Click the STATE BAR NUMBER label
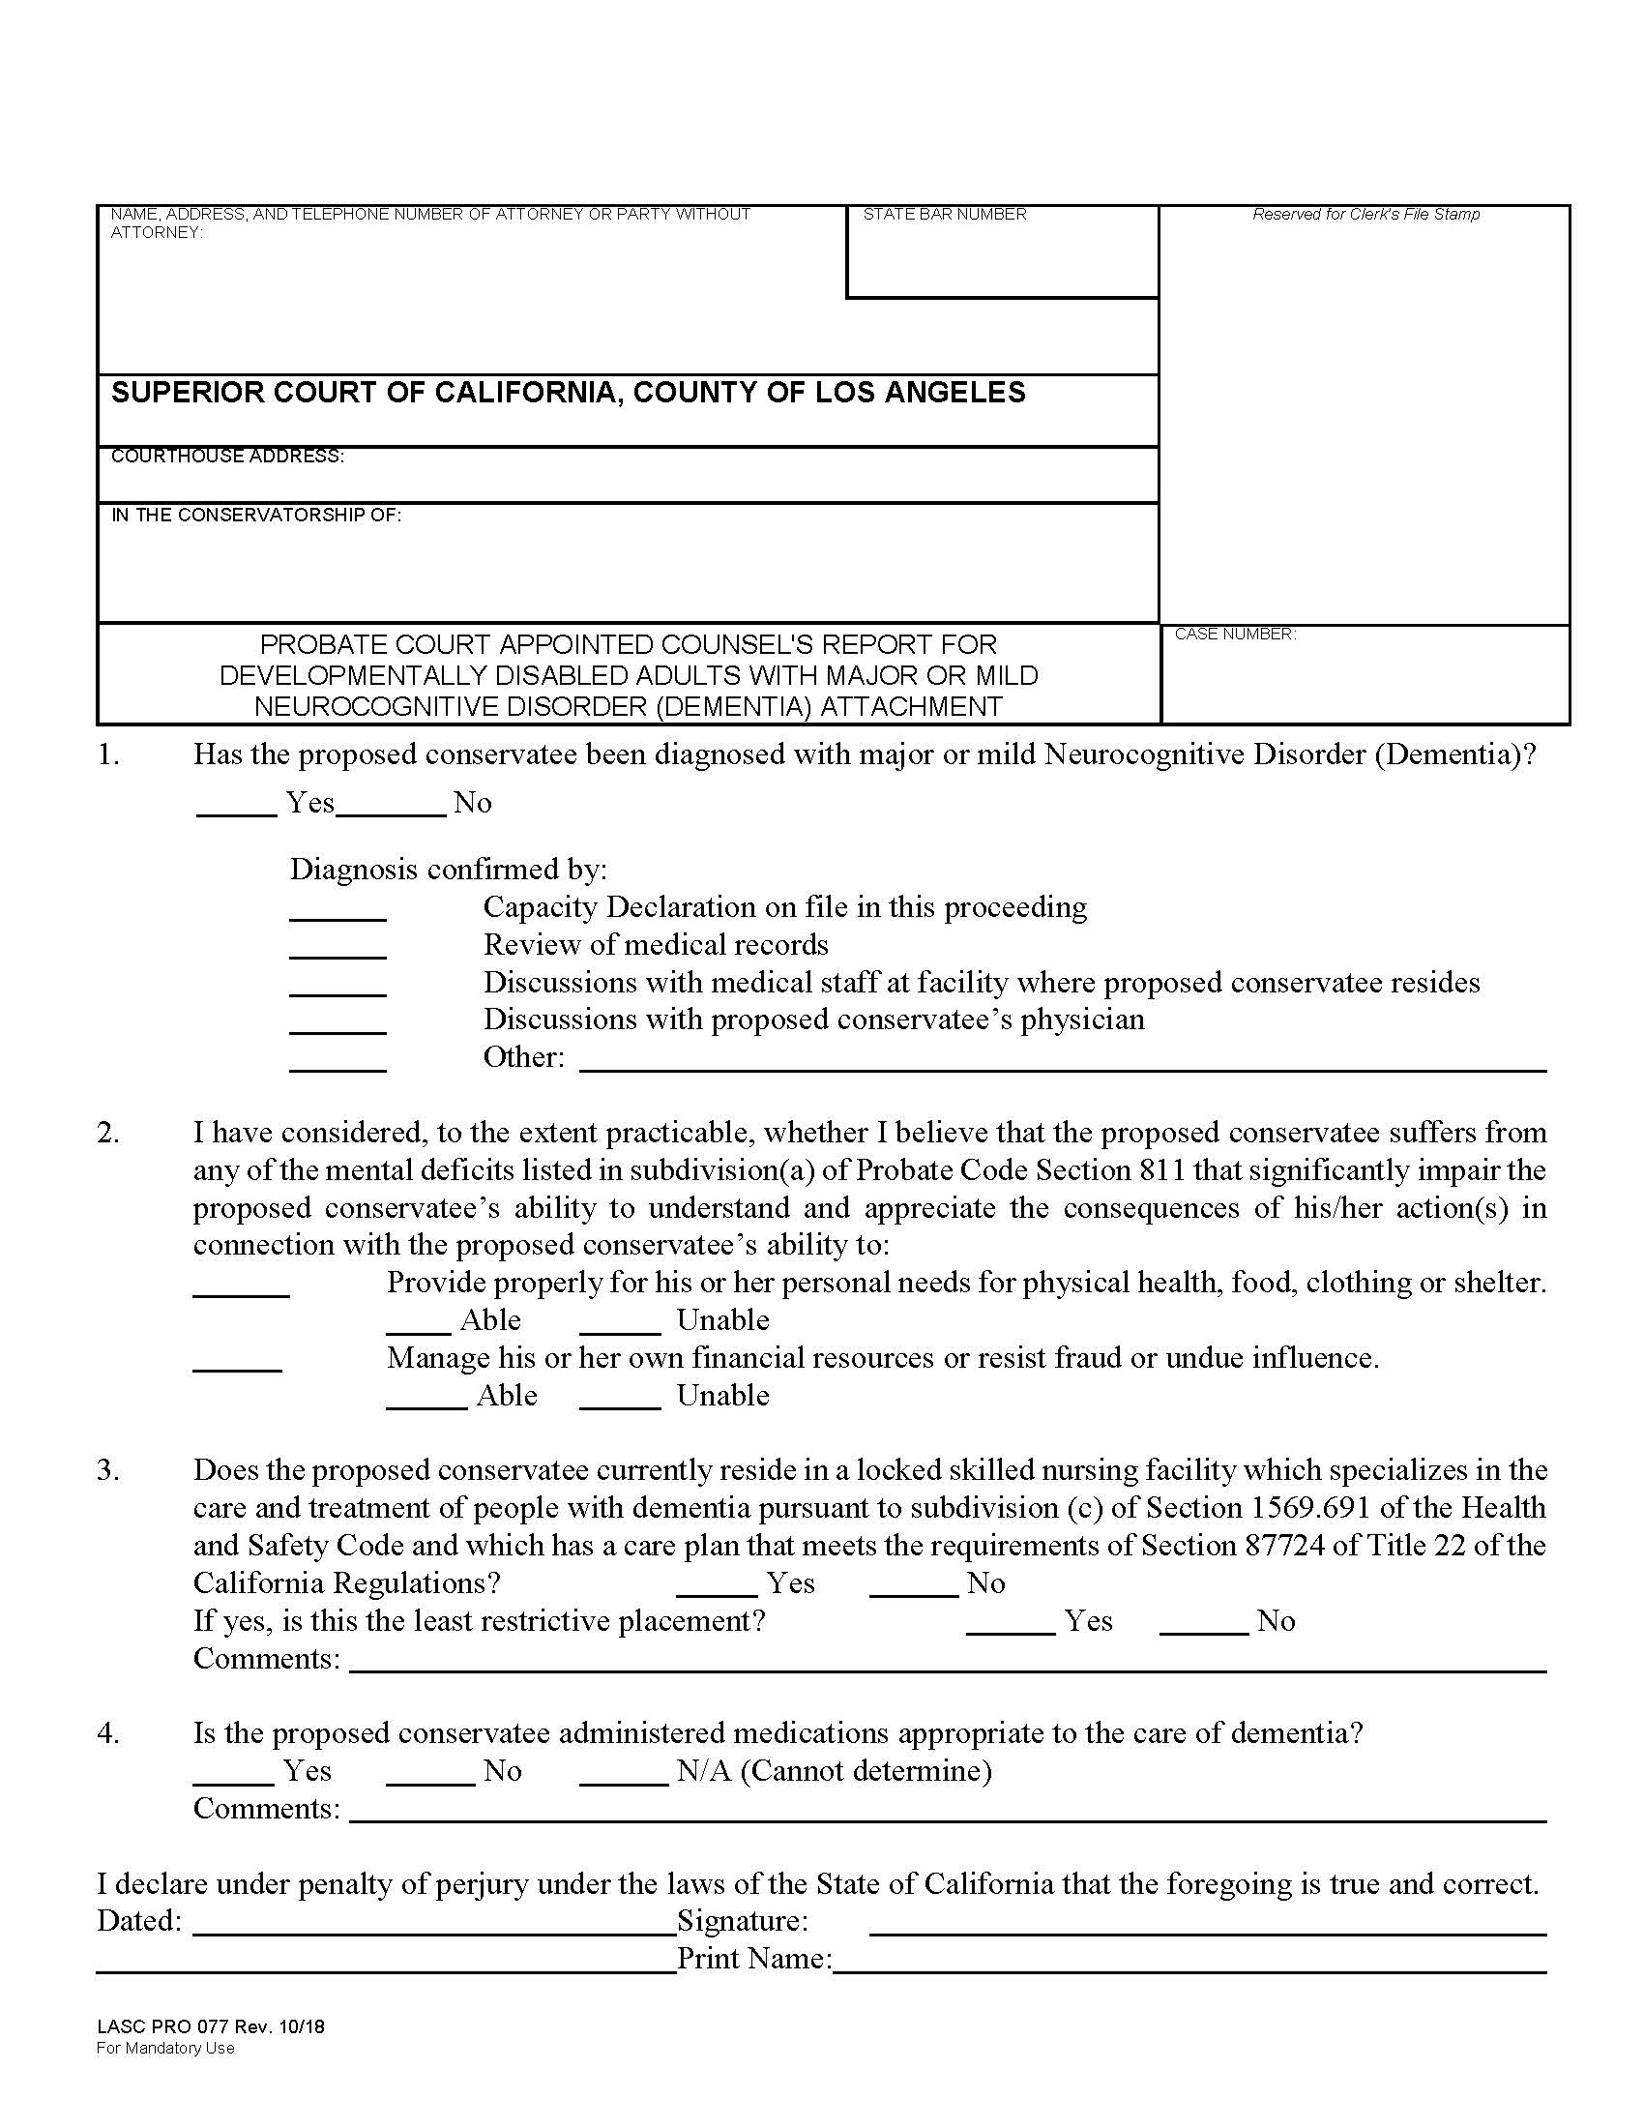[944, 215]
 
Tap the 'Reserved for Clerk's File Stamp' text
[1365, 215]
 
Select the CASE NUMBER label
[1234, 635]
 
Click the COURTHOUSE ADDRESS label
[227, 456]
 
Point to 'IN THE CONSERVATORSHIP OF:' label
[256, 516]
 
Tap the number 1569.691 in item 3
[1307, 1508]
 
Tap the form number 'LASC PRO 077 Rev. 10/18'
[211, 2027]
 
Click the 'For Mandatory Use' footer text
[165, 2048]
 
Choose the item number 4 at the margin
[107, 1733]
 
